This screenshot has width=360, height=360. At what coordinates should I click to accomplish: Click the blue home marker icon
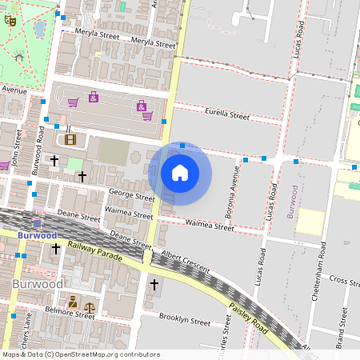(x=180, y=173)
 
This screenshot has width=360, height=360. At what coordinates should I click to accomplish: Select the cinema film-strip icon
(x=70, y=140)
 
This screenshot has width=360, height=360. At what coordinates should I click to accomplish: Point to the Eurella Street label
(x=227, y=115)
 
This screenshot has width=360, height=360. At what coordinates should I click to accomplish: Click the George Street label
(x=132, y=195)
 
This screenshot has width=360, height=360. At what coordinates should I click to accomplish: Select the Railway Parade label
(x=94, y=253)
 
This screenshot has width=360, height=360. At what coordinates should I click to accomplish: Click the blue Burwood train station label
(x=37, y=236)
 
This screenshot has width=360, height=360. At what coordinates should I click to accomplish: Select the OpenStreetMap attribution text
(x=81, y=354)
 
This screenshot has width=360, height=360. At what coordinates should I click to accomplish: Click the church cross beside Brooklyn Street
(x=154, y=285)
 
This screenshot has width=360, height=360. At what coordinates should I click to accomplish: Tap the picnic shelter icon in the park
(x=18, y=57)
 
